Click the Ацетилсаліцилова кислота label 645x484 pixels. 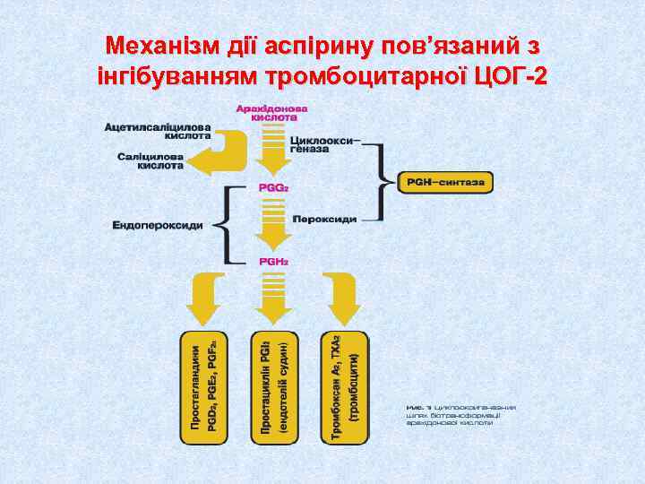point(158,131)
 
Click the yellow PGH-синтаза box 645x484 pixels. point(444,182)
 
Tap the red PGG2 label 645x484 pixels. point(273,189)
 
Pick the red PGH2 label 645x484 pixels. point(273,261)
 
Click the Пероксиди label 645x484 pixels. point(325,219)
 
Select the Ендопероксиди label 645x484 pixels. point(158,224)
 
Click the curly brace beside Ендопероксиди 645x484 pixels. point(231,224)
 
